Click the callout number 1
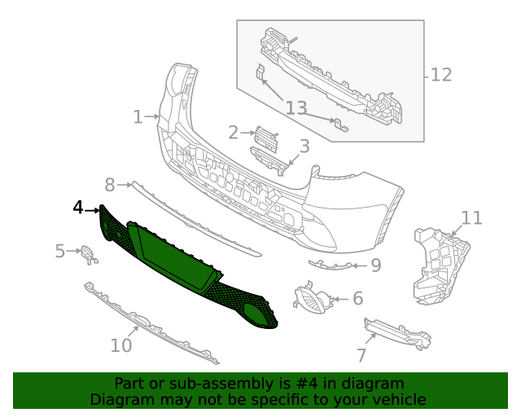pos(138,117)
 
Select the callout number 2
pos(233,132)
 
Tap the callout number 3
pos(304,147)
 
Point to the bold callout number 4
pos(78,208)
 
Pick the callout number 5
pos(60,251)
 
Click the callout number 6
pos(357,299)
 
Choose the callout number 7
pos(361,355)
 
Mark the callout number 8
pos(111,185)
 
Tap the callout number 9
pos(375,265)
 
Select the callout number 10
pos(120,345)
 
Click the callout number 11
pos(472,217)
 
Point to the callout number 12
pos(440,75)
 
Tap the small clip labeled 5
pos(89,255)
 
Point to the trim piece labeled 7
pos(399,332)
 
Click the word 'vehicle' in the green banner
pos(397,400)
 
